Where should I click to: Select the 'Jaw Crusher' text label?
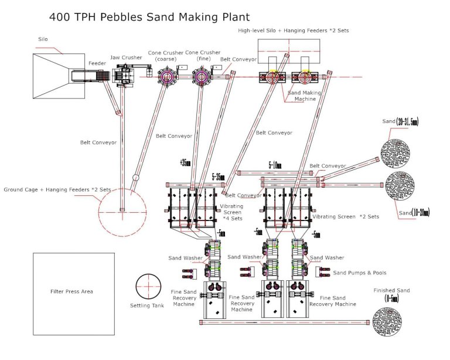coord(126,57)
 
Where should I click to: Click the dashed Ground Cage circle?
coord(122,211)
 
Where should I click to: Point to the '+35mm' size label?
coord(186,164)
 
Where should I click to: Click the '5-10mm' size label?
coord(275,166)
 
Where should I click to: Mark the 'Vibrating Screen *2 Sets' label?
coord(346,216)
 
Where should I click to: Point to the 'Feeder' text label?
coord(97,62)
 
